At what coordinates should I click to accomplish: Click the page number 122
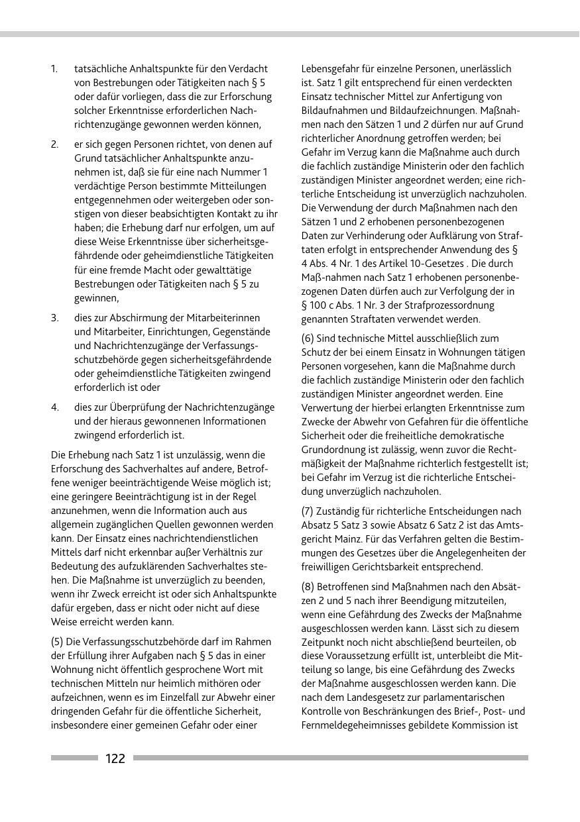[115, 758]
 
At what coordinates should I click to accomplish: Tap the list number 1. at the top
[54, 69]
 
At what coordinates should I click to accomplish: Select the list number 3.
[55, 318]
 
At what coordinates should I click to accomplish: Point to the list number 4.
[55, 407]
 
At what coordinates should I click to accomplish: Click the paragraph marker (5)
[58, 642]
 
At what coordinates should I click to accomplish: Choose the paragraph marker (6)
[308, 338]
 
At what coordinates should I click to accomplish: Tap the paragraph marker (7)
[308, 511]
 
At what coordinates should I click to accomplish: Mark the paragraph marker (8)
[308, 587]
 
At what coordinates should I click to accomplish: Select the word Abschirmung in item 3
[137, 318]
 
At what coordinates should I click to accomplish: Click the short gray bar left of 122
[74, 758]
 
